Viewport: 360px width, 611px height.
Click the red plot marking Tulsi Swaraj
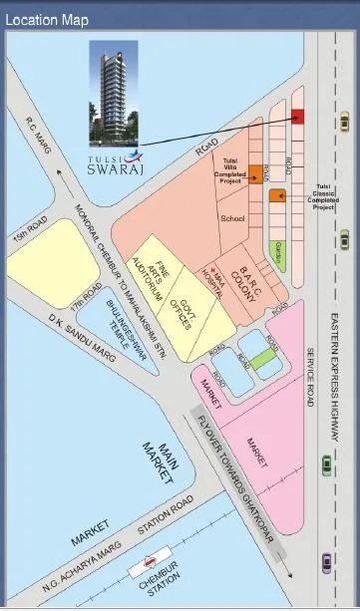pyautogui.click(x=297, y=117)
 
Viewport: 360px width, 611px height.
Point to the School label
pyautogui.click(x=232, y=217)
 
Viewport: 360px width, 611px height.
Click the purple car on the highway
pyautogui.click(x=325, y=565)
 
